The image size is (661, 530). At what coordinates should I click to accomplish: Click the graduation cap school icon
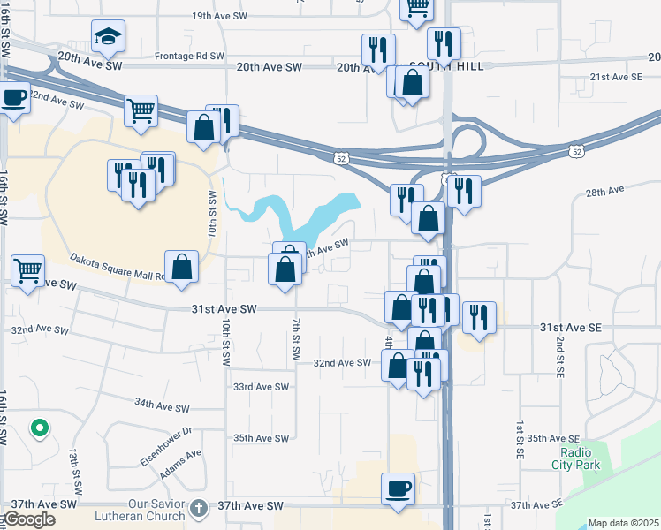click(108, 36)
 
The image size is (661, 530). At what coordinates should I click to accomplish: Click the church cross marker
click(199, 507)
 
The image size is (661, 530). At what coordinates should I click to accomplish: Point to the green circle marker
click(39, 429)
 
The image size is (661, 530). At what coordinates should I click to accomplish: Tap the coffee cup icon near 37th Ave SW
click(398, 488)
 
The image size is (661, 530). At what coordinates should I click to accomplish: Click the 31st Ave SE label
click(571, 328)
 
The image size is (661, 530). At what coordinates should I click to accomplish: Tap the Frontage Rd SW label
click(190, 56)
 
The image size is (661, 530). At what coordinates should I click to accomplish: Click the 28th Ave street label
click(604, 190)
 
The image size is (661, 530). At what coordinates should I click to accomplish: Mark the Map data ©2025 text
click(623, 523)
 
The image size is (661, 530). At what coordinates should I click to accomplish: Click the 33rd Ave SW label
click(261, 387)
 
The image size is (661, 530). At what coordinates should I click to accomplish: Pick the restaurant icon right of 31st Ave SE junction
click(479, 318)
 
